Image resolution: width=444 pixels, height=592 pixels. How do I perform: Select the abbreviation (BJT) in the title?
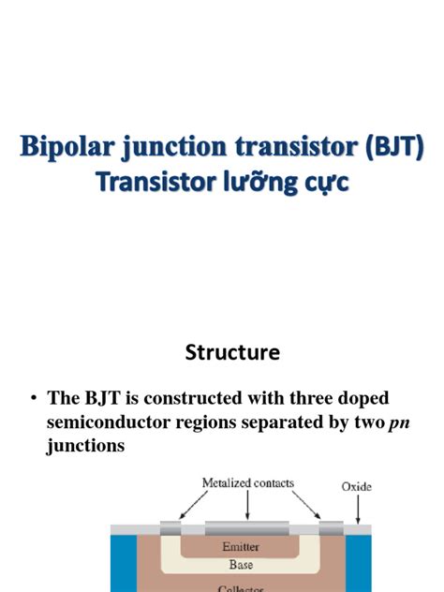click(387, 147)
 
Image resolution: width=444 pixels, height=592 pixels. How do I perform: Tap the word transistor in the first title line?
click(282, 147)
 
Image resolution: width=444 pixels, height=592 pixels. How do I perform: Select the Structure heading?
click(232, 353)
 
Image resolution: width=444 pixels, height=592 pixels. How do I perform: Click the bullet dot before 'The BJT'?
click(33, 398)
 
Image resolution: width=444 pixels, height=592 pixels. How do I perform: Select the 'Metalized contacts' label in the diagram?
click(248, 483)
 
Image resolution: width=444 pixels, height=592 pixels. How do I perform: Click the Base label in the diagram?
click(241, 565)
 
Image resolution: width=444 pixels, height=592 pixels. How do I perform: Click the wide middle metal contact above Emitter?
click(247, 527)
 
